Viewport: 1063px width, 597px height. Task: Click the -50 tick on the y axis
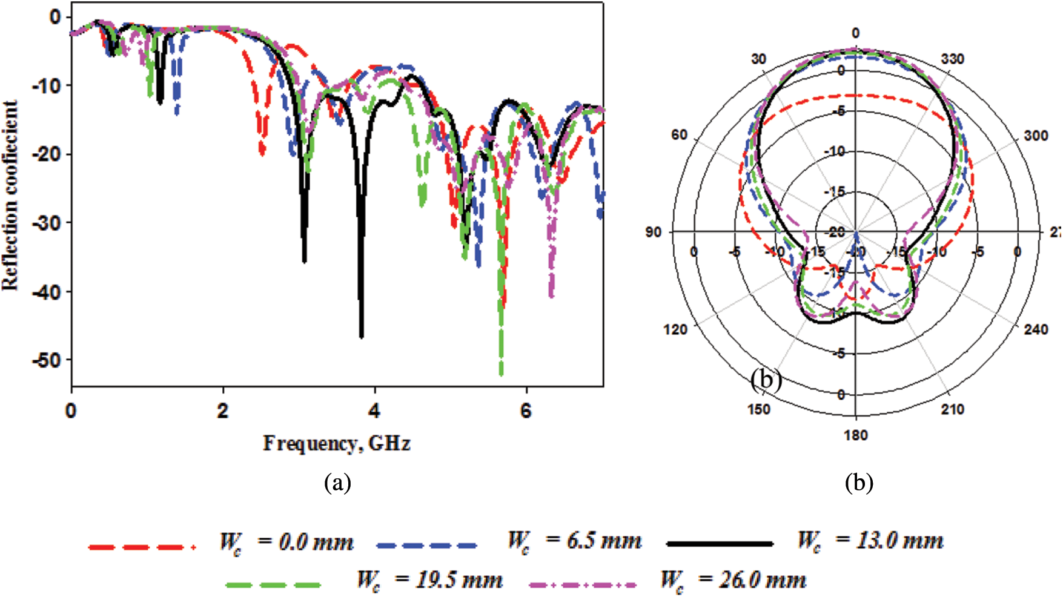click(x=47, y=360)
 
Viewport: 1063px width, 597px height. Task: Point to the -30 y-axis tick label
click(x=47, y=223)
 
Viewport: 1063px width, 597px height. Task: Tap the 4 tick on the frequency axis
click(x=374, y=411)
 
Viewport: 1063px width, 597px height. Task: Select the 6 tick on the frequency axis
click(x=526, y=411)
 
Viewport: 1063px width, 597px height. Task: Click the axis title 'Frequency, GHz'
click(x=337, y=444)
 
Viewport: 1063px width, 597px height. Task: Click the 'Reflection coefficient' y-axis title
click(x=10, y=195)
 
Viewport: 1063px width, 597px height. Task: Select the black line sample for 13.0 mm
click(x=720, y=544)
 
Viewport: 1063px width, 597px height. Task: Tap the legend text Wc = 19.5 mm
click(x=429, y=580)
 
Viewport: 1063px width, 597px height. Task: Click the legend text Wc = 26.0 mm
click(x=733, y=580)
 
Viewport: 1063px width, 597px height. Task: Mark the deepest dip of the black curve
click(x=362, y=336)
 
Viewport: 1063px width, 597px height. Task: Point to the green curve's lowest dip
click(x=501, y=374)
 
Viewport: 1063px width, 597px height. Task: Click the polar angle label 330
click(x=953, y=59)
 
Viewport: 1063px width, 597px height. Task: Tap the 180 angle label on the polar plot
click(x=855, y=435)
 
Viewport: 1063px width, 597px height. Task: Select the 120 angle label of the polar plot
click(x=675, y=329)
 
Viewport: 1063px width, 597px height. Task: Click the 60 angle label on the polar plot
click(x=679, y=134)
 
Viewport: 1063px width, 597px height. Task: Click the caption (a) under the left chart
click(x=337, y=483)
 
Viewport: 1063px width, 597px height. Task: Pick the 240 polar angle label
click(x=1036, y=329)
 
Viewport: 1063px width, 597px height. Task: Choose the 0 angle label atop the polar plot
click(x=855, y=33)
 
